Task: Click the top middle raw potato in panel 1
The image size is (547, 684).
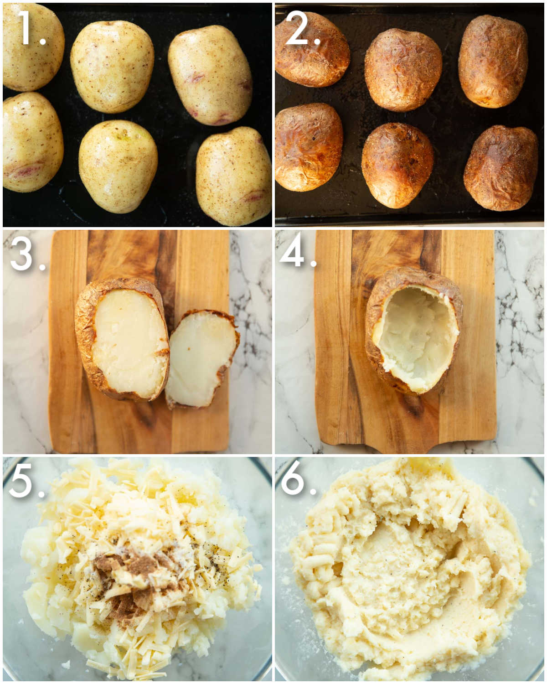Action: (x=112, y=66)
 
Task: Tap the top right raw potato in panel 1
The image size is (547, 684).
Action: (x=210, y=75)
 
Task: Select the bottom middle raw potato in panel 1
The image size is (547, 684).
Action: (x=118, y=166)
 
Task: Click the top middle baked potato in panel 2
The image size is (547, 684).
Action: (x=403, y=69)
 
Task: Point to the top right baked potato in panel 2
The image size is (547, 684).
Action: (x=493, y=61)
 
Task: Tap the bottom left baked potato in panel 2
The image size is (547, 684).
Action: (x=309, y=147)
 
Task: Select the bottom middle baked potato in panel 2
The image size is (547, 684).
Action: (x=397, y=165)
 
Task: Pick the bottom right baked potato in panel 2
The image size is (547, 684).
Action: (x=501, y=168)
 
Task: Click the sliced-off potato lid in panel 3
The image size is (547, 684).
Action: (x=201, y=358)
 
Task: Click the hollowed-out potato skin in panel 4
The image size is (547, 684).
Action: (x=414, y=331)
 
